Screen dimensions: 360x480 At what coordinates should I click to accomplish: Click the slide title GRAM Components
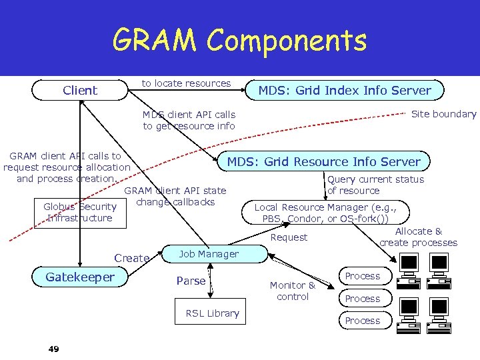(239, 41)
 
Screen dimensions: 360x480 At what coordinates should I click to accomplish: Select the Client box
(79, 90)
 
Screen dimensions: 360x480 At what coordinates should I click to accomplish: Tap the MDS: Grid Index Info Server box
(345, 90)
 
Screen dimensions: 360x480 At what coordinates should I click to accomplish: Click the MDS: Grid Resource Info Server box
(324, 161)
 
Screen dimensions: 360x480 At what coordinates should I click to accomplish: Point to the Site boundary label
(443, 114)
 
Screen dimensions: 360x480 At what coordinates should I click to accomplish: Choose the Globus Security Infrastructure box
(80, 213)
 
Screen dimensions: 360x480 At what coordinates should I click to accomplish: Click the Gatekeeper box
(80, 277)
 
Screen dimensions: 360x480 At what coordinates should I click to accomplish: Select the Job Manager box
(209, 254)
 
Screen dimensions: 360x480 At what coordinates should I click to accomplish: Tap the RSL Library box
(212, 313)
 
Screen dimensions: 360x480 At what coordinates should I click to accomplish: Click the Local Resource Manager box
(326, 213)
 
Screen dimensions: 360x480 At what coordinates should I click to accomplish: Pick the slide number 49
(53, 349)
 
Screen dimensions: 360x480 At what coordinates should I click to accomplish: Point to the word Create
(131, 258)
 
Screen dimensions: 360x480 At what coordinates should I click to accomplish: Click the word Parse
(191, 281)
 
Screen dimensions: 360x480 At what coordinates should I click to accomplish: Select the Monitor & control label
(293, 291)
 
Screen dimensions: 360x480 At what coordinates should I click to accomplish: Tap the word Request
(289, 237)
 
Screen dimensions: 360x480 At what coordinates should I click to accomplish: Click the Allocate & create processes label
(418, 237)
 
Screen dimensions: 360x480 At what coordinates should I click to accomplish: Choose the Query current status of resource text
(375, 185)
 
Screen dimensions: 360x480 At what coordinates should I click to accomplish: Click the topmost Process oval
(363, 276)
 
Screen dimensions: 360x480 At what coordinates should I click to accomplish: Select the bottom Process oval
(363, 321)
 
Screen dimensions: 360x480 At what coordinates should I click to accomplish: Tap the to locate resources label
(186, 83)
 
